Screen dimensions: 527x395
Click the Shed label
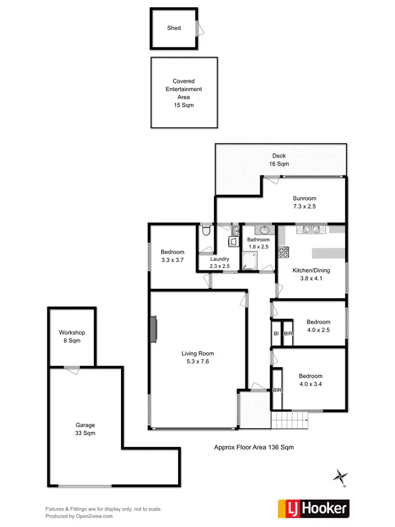[174, 28]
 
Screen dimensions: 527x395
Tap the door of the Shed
[197, 28]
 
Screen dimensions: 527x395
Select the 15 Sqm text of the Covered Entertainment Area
[183, 105]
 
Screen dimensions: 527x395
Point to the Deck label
[279, 155]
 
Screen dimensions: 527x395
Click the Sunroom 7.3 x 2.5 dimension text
[304, 207]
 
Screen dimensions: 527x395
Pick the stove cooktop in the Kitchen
[283, 252]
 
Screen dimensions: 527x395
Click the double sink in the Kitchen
[309, 230]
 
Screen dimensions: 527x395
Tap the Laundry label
[219, 259]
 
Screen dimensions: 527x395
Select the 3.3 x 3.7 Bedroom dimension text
[172, 260]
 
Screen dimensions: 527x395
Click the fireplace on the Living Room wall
[153, 330]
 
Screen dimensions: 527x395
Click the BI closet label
[276, 334]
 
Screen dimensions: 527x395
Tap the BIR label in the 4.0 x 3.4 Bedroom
[277, 390]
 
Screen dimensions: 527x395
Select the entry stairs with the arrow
[289, 420]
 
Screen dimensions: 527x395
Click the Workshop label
[72, 333]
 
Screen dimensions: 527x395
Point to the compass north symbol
[340, 476]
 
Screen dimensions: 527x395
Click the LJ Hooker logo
[313, 508]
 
